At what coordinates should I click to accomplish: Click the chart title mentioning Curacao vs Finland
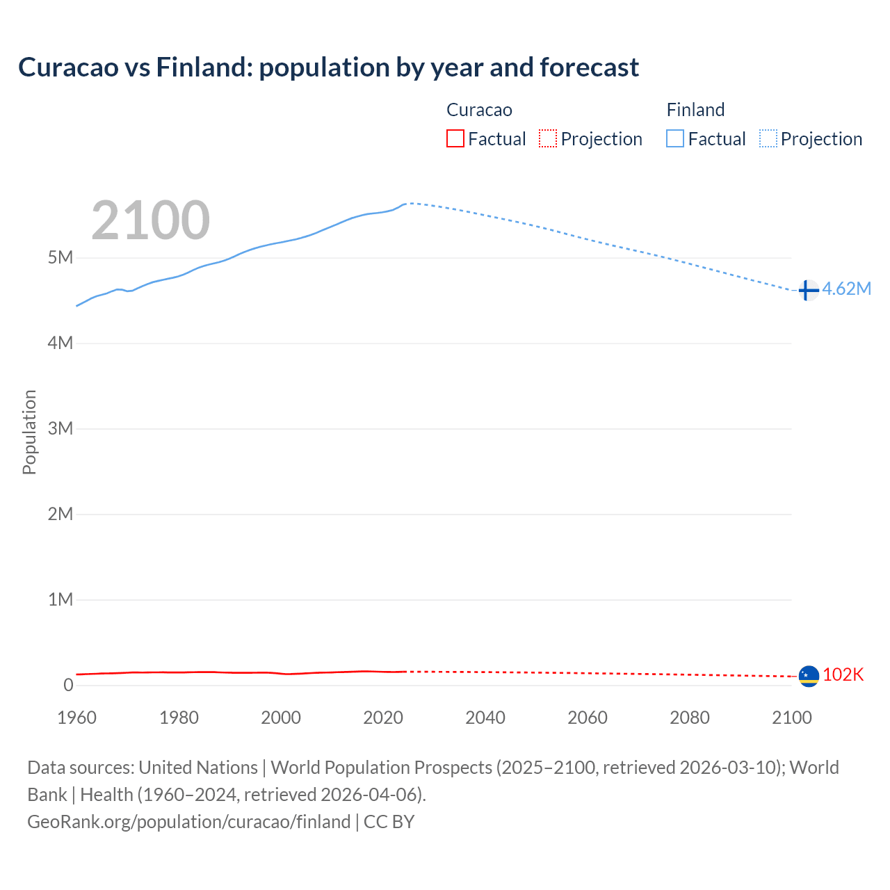pyautogui.click(x=328, y=67)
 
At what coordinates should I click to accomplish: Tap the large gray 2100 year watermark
pyautogui.click(x=150, y=220)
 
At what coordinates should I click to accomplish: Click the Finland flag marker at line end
pyautogui.click(x=808, y=290)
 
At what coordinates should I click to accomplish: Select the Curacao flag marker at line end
pyautogui.click(x=809, y=675)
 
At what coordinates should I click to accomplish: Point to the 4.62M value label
pyautogui.click(x=846, y=289)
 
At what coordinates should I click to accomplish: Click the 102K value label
pyautogui.click(x=843, y=675)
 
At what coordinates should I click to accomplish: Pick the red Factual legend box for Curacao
pyautogui.click(x=455, y=139)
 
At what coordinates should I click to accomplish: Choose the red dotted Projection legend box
pyautogui.click(x=548, y=139)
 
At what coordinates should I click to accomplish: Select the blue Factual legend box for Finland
pyautogui.click(x=675, y=139)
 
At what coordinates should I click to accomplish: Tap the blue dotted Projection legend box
pyautogui.click(x=768, y=139)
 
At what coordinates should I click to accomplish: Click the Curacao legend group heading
pyautogui.click(x=479, y=110)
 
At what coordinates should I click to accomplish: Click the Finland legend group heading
pyautogui.click(x=695, y=110)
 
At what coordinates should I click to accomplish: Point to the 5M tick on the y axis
pyautogui.click(x=60, y=258)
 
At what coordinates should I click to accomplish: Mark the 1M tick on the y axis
pyautogui.click(x=60, y=599)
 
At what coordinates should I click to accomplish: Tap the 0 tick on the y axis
pyautogui.click(x=68, y=685)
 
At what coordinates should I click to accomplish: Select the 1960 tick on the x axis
pyautogui.click(x=77, y=718)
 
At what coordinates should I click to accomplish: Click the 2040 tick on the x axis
pyautogui.click(x=485, y=718)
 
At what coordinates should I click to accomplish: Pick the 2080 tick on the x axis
pyautogui.click(x=690, y=718)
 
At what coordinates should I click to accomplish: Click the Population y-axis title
pyautogui.click(x=29, y=432)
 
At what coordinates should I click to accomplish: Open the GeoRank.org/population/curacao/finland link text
pyautogui.click(x=188, y=822)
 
